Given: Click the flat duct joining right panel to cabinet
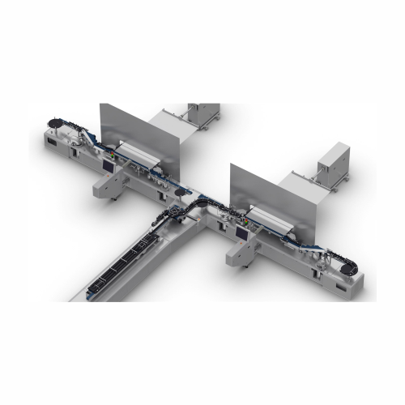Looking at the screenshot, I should [x=301, y=179].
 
